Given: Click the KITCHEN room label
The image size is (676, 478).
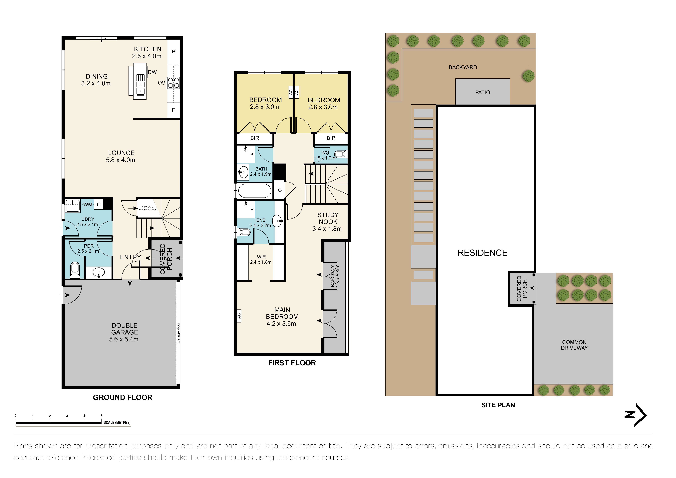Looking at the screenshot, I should click(147, 49).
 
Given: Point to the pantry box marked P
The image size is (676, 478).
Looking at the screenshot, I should click(173, 51).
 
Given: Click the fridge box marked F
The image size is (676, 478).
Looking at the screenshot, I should click(173, 110).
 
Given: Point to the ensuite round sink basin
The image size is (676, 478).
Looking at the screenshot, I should click(277, 221).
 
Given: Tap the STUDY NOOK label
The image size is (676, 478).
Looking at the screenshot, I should click(328, 218).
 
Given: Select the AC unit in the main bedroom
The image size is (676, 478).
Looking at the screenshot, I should click(239, 316).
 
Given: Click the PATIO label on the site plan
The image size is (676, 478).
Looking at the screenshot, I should click(482, 92).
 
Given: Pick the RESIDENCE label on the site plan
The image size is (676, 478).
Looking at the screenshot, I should click(482, 253).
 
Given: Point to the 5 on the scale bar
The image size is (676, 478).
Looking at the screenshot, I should click(101, 416).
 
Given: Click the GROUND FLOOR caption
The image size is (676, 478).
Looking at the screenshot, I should click(122, 397).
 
